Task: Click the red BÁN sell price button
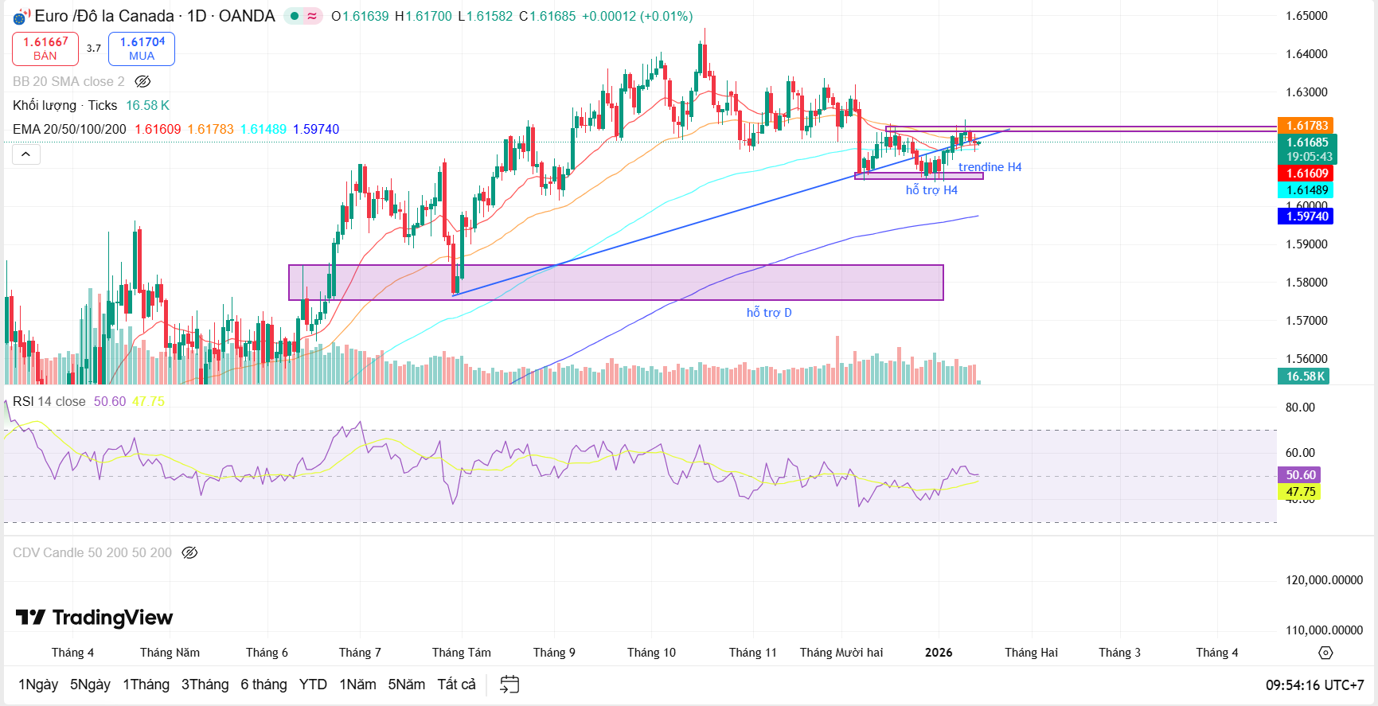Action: [x=45, y=49]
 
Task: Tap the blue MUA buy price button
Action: [x=142, y=49]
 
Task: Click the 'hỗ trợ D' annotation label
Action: [x=769, y=313]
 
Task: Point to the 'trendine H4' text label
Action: [x=990, y=167]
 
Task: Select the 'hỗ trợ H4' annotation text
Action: [x=931, y=190]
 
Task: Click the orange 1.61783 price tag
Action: [x=1307, y=126]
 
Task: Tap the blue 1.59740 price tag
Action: [x=1307, y=216]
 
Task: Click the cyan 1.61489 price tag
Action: [x=1307, y=190]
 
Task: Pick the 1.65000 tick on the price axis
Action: [x=1306, y=16]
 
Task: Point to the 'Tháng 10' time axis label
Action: [x=651, y=653]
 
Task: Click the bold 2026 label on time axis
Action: [x=939, y=653]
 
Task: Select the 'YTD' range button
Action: [x=313, y=685]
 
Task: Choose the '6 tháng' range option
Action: [x=263, y=685]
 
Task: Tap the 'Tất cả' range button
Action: [x=456, y=685]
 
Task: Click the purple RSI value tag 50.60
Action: [x=1301, y=475]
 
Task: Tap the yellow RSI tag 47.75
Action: [x=1301, y=492]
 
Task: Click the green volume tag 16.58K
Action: [x=1306, y=376]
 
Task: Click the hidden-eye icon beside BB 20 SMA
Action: [x=142, y=81]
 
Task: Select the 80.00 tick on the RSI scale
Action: [x=1300, y=408]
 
